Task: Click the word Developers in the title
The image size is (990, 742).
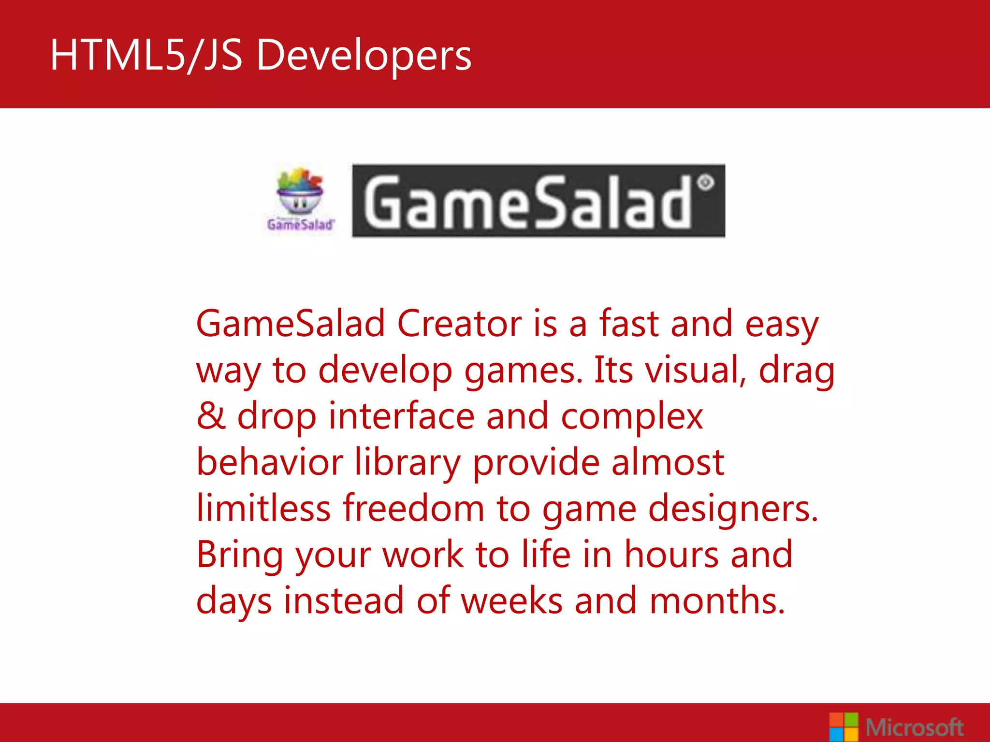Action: [364, 56]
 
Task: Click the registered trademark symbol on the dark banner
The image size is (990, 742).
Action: [705, 183]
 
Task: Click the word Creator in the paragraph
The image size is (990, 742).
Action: [459, 324]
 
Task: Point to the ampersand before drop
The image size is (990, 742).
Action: [211, 416]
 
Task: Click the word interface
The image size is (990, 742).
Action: [401, 416]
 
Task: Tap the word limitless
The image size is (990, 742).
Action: [263, 508]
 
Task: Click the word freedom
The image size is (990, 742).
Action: [413, 508]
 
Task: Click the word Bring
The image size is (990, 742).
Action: [240, 555]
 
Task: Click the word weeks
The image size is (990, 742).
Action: [512, 601]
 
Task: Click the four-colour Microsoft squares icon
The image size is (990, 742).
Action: [844, 727]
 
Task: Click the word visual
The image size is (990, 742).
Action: [696, 370]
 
